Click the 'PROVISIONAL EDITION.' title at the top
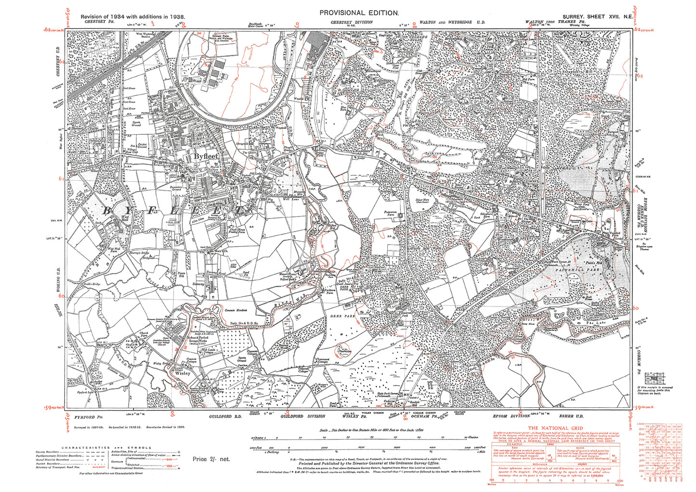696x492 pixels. click(x=359, y=13)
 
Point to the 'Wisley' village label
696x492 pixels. click(x=183, y=373)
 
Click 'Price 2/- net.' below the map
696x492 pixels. click(x=211, y=459)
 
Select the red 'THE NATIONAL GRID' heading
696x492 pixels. click(x=555, y=428)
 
